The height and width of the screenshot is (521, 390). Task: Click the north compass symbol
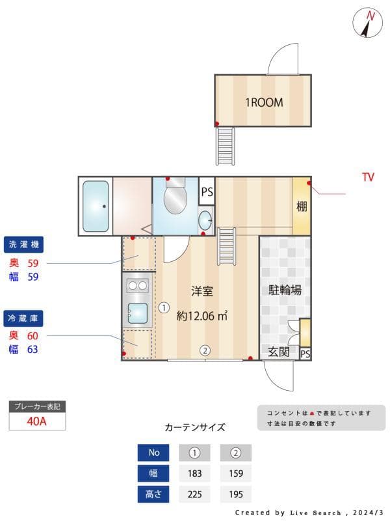point(367,23)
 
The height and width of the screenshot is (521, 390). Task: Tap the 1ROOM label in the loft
point(263,102)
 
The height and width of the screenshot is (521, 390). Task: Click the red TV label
point(368,177)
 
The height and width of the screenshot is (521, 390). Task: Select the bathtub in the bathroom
point(96,206)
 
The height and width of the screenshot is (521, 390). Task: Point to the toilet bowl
point(174,199)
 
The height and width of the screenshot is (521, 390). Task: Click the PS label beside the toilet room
point(207,192)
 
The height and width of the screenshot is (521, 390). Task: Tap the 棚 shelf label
point(302,207)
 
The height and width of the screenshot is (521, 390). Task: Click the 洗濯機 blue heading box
point(24,245)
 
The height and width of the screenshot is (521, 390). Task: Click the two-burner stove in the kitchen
point(138,285)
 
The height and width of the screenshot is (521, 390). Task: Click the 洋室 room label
point(201,291)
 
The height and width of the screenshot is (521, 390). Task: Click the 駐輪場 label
point(285,290)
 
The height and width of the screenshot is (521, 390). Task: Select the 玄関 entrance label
point(279,352)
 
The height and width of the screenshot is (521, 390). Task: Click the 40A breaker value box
point(37,421)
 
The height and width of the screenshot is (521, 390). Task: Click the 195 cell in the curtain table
point(235,494)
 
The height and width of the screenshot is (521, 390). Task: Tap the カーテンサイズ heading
point(195,428)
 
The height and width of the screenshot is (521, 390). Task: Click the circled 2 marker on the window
point(205,350)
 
